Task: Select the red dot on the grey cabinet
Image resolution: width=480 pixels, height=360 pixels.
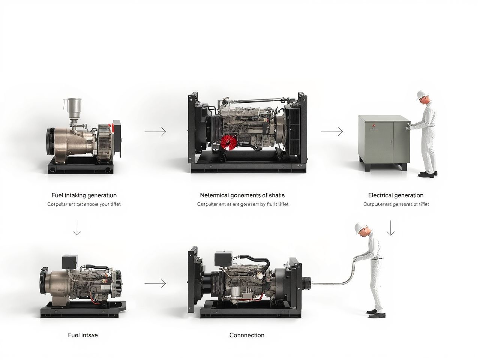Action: click(x=373, y=126)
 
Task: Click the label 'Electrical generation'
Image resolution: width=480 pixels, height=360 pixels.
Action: click(x=396, y=195)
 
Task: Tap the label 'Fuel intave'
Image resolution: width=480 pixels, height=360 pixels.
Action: click(x=83, y=335)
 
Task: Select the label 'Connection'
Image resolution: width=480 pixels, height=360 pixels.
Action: click(x=247, y=335)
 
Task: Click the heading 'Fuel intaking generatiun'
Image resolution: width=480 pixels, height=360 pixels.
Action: click(x=84, y=195)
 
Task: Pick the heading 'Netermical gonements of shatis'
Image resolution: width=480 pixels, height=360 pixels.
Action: click(x=242, y=195)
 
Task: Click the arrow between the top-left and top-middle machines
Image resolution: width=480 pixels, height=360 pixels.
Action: click(x=155, y=132)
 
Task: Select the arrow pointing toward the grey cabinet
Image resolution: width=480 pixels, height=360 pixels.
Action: click(x=332, y=132)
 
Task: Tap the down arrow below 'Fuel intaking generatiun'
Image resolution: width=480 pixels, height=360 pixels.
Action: click(x=77, y=228)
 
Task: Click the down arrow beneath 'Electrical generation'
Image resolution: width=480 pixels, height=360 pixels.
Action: click(x=391, y=228)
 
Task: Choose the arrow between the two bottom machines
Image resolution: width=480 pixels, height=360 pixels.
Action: click(x=155, y=283)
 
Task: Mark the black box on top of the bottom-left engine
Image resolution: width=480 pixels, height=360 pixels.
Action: click(x=70, y=261)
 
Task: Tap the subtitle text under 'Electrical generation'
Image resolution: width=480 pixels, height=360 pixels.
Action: click(x=396, y=204)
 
